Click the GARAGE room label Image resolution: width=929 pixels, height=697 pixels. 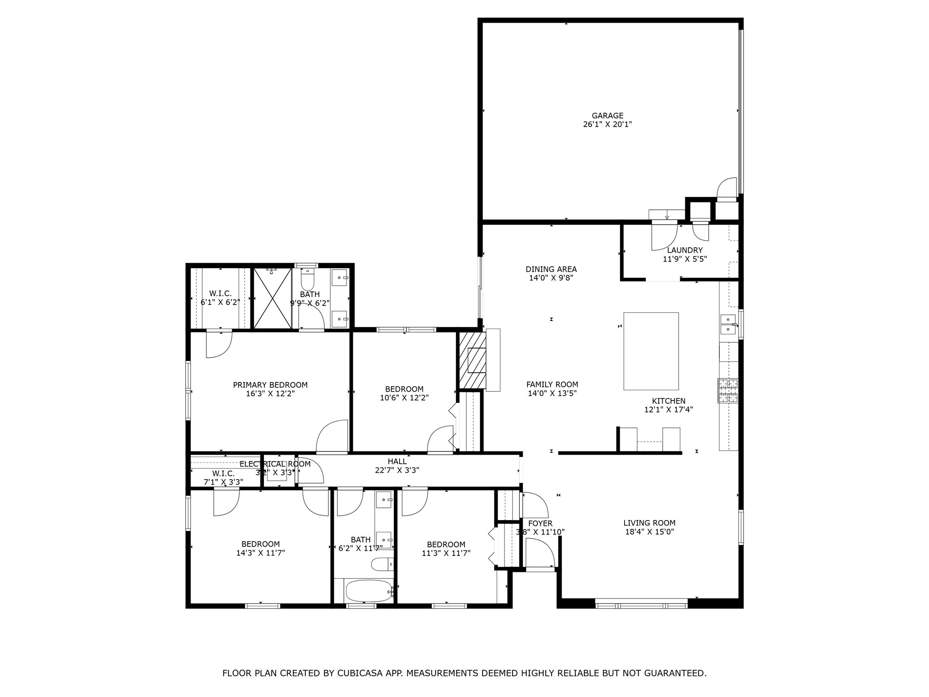pyautogui.click(x=607, y=116)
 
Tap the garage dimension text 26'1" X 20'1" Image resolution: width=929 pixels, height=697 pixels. pyautogui.click(x=607, y=124)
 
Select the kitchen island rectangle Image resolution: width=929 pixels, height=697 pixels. pyautogui.click(x=651, y=351)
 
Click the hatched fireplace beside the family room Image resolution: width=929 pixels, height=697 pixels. pyautogui.click(x=472, y=360)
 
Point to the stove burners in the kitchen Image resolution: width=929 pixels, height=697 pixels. pyautogui.click(x=728, y=391)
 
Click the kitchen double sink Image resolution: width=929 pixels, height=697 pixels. pyautogui.click(x=728, y=324)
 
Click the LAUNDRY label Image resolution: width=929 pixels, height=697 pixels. pyautogui.click(x=685, y=250)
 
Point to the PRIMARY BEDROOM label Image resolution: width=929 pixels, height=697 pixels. pyautogui.click(x=270, y=385)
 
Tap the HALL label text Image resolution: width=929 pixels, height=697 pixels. pyautogui.click(x=397, y=461)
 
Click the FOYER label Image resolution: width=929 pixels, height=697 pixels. pyautogui.click(x=540, y=523)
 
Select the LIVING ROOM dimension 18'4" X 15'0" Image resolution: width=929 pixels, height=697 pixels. pyautogui.click(x=649, y=532)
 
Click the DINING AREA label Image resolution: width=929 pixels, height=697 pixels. pyautogui.click(x=551, y=269)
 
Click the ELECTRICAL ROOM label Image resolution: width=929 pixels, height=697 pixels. pyautogui.click(x=275, y=464)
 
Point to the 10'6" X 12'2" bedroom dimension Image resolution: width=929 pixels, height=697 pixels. pyautogui.click(x=404, y=398)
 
